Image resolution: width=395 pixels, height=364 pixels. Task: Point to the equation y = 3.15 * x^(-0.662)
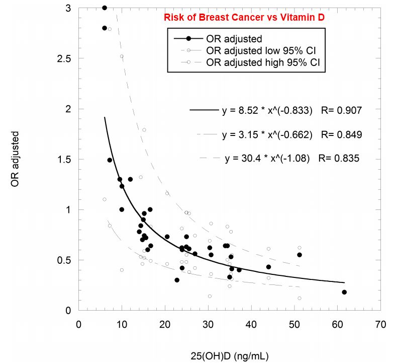coord(267,134)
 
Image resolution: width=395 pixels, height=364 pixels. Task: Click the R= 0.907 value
coord(341,109)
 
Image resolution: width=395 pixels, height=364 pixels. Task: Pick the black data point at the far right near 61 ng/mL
coord(344,292)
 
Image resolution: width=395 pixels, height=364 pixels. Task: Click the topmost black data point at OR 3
coord(105,8)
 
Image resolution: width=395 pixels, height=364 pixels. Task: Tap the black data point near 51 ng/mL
coord(300,255)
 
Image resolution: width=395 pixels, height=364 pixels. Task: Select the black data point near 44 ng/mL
coord(268,267)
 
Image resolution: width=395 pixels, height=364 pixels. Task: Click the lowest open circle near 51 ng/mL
coord(300,298)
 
